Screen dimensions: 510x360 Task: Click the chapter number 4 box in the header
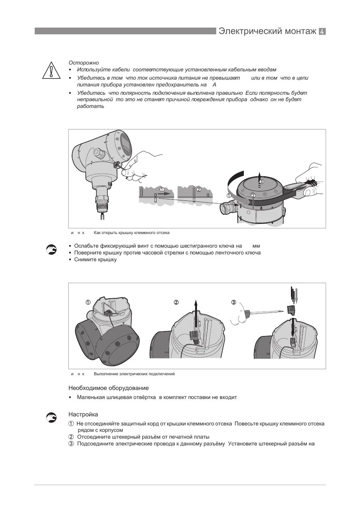tap(322, 32)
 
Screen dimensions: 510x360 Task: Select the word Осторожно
tap(83, 63)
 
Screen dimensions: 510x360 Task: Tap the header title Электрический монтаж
tap(267, 31)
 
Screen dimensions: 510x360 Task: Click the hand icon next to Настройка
tap(51, 417)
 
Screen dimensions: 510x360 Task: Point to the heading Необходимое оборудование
tap(108, 388)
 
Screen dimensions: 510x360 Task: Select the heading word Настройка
tap(83, 414)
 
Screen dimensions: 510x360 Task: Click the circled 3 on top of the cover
tap(262, 182)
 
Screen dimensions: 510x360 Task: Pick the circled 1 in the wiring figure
tap(88, 302)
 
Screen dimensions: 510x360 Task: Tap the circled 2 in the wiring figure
tap(176, 302)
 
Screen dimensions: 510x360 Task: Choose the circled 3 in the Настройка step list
tap(71, 444)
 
